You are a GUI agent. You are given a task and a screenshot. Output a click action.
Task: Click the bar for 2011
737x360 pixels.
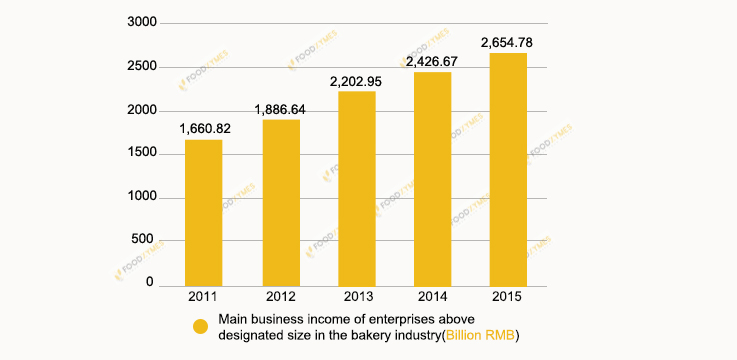(x=204, y=212)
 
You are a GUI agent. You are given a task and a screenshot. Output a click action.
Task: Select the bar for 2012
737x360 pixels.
(x=281, y=202)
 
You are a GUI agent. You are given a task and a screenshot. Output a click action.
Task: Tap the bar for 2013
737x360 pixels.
(x=357, y=188)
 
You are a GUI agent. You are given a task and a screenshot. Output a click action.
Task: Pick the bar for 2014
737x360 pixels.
(x=432, y=178)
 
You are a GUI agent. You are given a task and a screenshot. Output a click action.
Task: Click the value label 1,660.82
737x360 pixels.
(x=206, y=129)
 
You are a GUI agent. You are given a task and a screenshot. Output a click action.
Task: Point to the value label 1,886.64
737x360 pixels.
(x=282, y=109)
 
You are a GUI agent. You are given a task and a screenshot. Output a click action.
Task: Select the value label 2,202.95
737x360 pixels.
(x=357, y=81)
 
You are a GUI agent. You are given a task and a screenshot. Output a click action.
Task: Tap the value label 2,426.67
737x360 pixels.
(x=433, y=62)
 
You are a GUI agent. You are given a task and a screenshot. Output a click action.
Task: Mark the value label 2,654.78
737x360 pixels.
(x=508, y=43)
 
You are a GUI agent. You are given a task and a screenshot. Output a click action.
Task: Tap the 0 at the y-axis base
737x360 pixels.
(x=150, y=284)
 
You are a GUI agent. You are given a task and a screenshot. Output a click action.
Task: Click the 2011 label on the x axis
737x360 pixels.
(x=204, y=297)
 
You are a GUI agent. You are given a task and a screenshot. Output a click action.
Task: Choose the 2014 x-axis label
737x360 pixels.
(x=432, y=297)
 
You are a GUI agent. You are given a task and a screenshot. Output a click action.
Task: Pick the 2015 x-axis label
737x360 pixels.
(x=508, y=297)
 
